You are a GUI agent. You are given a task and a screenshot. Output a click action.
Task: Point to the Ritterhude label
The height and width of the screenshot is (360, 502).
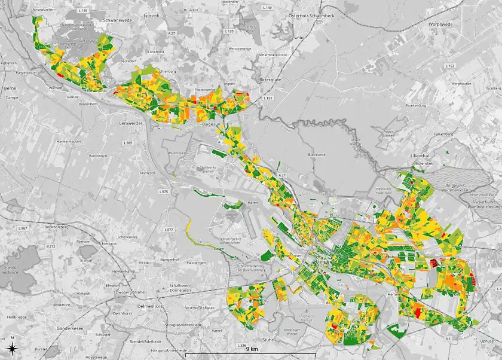pos(274,79)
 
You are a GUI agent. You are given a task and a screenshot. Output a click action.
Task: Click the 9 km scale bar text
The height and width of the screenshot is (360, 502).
pos(250,349)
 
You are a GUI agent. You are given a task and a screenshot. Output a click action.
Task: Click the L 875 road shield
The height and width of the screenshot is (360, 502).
pos(164,191)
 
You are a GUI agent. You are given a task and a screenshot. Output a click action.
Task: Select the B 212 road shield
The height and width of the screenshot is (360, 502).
pos(51,246)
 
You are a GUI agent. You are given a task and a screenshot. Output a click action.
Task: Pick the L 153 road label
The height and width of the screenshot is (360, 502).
pos(450,65)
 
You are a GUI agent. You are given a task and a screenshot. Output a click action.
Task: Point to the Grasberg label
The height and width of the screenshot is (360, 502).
pos(494,88)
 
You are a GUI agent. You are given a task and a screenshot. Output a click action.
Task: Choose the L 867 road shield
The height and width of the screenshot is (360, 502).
pos(23,228)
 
